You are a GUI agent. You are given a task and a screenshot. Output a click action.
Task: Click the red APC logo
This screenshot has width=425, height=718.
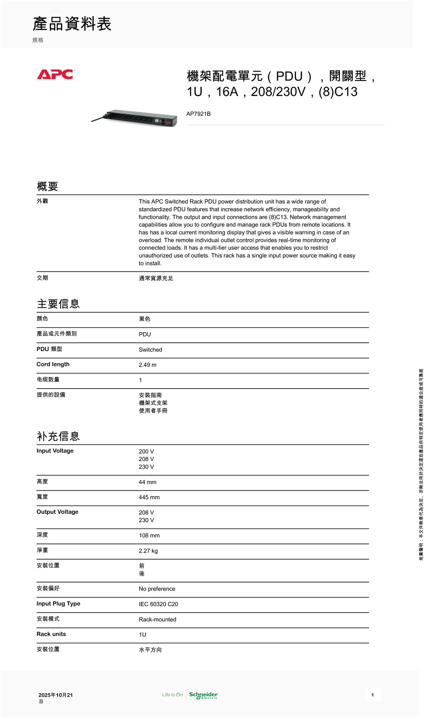click(55, 74)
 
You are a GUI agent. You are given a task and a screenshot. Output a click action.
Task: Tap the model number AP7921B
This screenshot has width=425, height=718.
click(198, 114)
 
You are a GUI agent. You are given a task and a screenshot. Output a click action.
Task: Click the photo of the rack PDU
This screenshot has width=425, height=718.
click(135, 118)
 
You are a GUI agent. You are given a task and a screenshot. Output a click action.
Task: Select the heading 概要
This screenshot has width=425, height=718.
click(47, 187)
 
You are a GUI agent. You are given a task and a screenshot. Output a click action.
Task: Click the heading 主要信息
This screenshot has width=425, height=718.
click(58, 304)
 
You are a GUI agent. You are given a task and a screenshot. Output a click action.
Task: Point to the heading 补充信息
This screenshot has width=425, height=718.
click(58, 436)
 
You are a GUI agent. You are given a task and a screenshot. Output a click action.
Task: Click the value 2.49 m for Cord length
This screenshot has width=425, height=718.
click(147, 365)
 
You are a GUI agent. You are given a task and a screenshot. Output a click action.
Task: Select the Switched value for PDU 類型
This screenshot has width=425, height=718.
click(151, 350)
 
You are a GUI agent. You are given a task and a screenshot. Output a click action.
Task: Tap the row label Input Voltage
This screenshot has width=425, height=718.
click(55, 451)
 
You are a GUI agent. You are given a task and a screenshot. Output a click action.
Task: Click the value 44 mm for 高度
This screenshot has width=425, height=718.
click(147, 482)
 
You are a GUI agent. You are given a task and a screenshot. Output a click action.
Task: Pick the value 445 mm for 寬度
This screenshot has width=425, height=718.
click(149, 497)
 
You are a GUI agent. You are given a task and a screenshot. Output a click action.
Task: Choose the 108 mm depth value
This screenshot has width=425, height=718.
click(149, 536)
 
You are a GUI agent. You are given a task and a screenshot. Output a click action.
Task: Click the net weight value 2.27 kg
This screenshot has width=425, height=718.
click(148, 551)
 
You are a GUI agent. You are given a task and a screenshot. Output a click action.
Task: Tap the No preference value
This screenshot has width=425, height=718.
click(157, 589)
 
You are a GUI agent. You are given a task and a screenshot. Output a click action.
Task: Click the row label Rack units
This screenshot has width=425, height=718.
click(51, 634)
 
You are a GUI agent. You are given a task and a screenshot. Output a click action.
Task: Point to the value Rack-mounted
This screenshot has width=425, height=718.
click(158, 620)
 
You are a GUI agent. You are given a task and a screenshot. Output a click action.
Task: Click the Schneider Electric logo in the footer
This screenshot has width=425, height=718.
click(203, 695)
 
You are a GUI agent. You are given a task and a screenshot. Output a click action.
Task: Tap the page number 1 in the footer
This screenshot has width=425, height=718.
click(372, 695)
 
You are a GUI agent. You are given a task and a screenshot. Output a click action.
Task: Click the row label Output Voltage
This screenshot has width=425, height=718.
click(58, 512)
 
